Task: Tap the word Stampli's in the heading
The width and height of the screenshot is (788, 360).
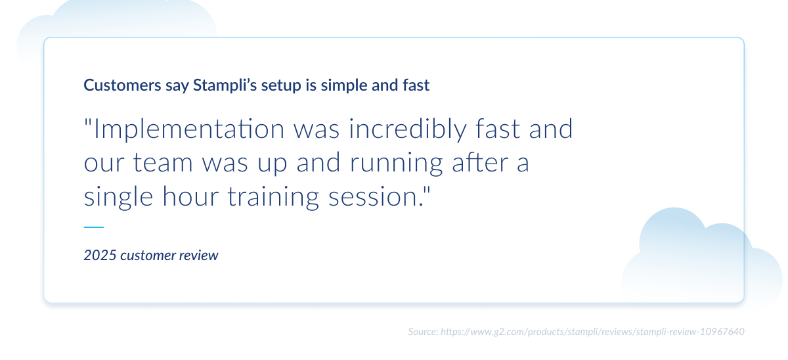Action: pos(217,85)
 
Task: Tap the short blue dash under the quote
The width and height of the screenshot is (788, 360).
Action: pos(94,227)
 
